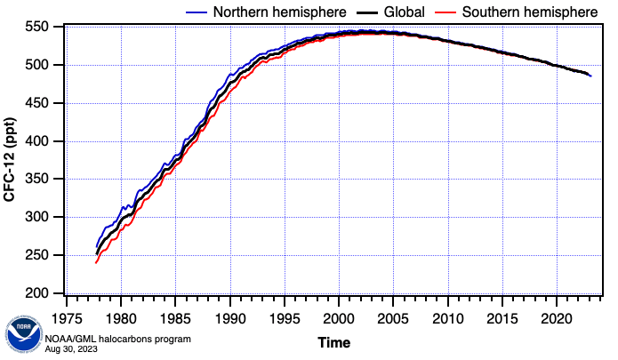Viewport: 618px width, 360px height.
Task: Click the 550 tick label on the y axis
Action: (44, 28)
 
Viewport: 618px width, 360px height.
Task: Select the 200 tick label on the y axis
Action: (44, 293)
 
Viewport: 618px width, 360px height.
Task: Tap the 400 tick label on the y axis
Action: (44, 141)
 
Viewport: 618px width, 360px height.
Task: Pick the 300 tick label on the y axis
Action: (44, 218)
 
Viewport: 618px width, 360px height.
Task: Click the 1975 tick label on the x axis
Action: (66, 317)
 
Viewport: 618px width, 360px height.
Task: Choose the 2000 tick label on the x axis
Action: (339, 317)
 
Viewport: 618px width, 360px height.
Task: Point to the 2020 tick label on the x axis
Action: (557, 317)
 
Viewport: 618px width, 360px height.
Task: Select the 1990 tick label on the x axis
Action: (229, 317)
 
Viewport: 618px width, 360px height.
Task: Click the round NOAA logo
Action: (22, 334)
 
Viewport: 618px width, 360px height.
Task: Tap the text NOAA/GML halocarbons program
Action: (116, 340)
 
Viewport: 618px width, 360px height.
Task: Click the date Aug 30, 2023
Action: (71, 349)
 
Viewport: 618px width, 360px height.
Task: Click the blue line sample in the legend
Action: (197, 12)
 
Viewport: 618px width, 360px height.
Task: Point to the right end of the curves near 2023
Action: (590, 76)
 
